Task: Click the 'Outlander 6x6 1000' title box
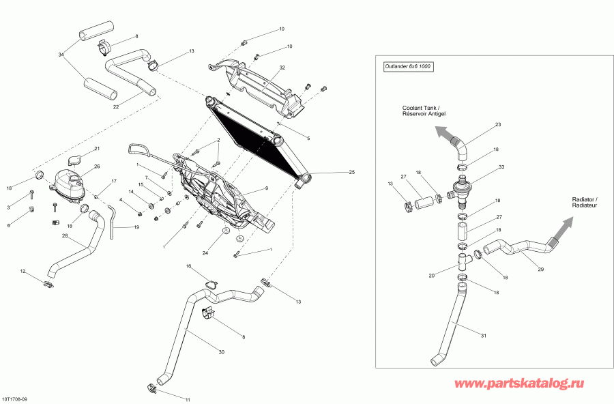[408, 67]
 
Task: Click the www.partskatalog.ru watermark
[518, 385]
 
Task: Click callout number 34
[61, 54]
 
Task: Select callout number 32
[282, 68]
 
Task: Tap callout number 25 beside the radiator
[352, 172]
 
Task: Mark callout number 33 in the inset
[501, 167]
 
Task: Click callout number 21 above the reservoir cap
[97, 149]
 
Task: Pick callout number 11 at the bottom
[188, 399]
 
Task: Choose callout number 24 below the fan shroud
[205, 253]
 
